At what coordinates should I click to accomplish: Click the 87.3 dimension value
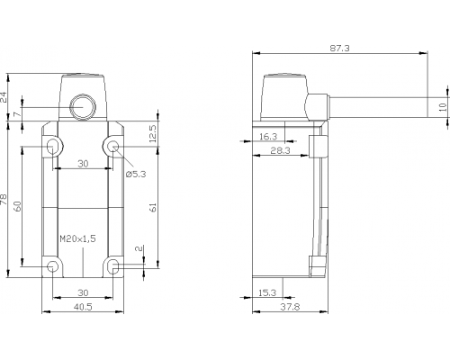(x=339, y=48)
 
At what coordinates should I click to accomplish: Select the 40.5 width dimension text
(x=83, y=307)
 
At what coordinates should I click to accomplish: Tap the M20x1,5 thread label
(x=77, y=238)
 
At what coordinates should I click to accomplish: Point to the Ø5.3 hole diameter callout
(x=136, y=174)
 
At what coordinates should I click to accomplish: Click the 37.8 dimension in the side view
(x=290, y=307)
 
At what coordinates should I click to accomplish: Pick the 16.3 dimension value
(x=268, y=137)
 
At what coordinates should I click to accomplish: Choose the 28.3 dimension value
(x=281, y=150)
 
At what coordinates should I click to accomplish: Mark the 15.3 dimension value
(x=267, y=292)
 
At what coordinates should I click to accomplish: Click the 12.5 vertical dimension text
(x=153, y=133)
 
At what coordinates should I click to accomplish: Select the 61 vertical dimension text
(x=153, y=208)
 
